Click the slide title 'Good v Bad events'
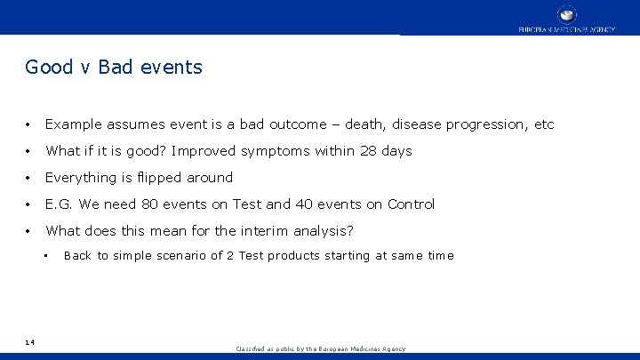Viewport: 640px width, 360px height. click(x=114, y=67)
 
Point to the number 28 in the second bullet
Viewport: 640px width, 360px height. click(x=369, y=151)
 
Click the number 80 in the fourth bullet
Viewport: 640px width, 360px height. click(x=149, y=204)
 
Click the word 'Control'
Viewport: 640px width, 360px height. click(x=411, y=204)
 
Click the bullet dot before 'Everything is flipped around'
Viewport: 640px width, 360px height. click(x=30, y=178)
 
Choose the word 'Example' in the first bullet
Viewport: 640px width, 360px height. click(x=74, y=125)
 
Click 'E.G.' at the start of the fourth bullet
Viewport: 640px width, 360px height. click(x=60, y=204)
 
